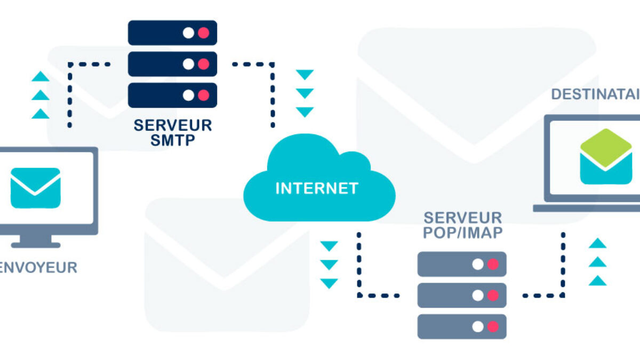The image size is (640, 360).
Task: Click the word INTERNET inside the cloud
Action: click(x=316, y=188)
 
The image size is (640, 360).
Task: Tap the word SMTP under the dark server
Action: click(x=172, y=140)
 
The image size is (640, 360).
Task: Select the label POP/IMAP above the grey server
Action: click(x=462, y=233)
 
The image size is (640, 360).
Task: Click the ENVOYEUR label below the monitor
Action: click(x=38, y=267)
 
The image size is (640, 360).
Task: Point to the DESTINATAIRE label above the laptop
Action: click(x=595, y=94)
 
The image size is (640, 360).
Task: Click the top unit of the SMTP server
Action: click(x=172, y=33)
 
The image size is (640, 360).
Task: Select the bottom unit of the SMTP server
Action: click(x=172, y=95)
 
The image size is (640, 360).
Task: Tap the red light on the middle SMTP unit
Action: click(x=203, y=64)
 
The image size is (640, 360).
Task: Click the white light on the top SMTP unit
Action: click(x=188, y=33)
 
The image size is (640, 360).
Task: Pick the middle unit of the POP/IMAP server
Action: click(x=461, y=295)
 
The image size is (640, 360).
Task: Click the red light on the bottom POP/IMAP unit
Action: click(x=493, y=326)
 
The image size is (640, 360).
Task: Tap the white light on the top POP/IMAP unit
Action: click(x=478, y=264)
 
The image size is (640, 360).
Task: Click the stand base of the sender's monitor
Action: click(x=36, y=245)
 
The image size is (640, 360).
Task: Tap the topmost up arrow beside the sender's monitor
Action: click(x=41, y=77)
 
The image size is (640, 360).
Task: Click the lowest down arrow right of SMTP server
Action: click(x=305, y=112)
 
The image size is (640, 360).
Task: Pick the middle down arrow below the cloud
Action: click(x=329, y=265)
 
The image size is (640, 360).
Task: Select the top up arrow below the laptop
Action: click(x=597, y=244)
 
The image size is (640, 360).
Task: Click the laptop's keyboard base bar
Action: click(x=587, y=208)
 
